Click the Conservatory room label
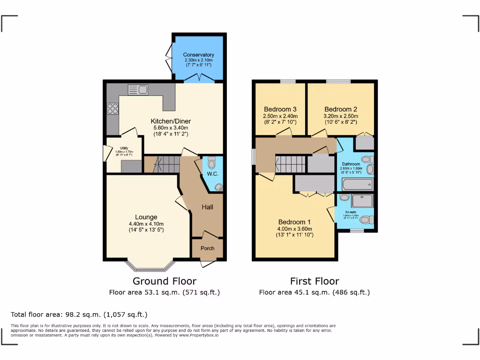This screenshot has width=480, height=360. click(199, 55)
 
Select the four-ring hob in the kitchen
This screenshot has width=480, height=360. click(113, 108)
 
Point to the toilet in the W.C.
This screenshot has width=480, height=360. click(210, 163)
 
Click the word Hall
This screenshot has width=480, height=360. click(208, 207)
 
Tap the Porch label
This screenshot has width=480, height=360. click(207, 248)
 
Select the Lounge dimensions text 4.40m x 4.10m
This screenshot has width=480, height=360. click(146, 224)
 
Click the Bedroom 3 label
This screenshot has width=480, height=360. click(280, 109)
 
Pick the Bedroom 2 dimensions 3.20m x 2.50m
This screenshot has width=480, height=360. click(341, 116)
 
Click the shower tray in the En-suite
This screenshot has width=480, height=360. click(363, 200)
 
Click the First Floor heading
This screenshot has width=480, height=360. click(315, 281)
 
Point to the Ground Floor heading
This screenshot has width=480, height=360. click(165, 281)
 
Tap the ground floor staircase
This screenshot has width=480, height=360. click(167, 165)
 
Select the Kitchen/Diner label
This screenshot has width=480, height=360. click(171, 121)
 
